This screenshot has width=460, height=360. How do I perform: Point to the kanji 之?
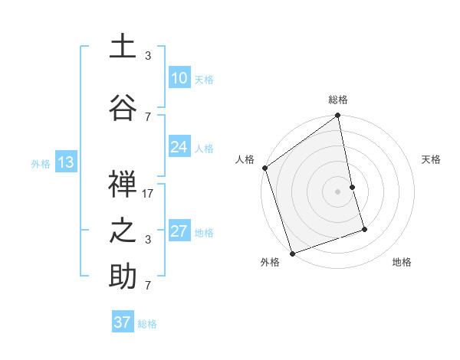coord(123,230)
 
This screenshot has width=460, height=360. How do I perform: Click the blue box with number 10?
coord(179,78)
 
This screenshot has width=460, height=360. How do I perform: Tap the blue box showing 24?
coord(179,147)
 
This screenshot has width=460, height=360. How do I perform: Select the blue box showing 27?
coord(179,231)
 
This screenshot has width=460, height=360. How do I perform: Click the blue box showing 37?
coord(122,322)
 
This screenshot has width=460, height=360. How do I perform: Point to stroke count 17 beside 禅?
coord(148,194)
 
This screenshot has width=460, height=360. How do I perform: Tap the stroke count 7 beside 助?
coord(148,285)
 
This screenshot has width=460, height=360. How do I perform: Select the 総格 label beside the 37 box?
coord(147,324)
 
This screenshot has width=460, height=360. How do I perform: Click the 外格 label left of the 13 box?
coord(40,163)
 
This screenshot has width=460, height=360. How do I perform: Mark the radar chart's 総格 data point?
coord(337,116)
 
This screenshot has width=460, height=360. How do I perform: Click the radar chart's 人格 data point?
coord(264,168)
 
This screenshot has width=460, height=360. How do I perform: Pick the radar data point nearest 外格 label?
coord(292,253)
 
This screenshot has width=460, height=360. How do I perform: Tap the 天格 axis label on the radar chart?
coord(432,159)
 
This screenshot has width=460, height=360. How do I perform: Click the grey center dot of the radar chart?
coord(337,191)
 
